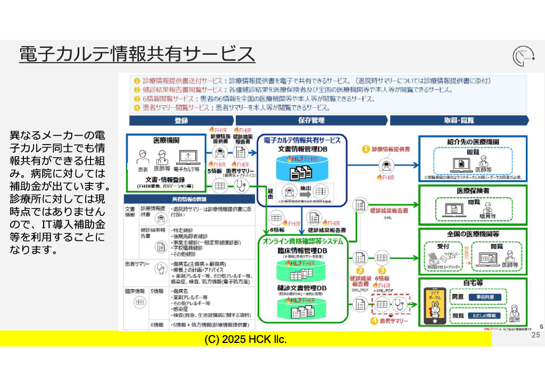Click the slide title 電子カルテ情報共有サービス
click(137, 54)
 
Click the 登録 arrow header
click(180, 121)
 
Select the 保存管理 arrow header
click(311, 121)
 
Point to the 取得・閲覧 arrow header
click(458, 121)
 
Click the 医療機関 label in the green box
click(166, 140)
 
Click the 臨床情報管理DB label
click(302, 251)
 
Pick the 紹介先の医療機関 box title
click(473, 142)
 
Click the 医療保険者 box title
click(473, 190)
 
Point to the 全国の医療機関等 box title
click(473, 234)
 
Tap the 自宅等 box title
click(473, 284)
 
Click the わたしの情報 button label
click(484, 315)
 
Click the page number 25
click(535, 335)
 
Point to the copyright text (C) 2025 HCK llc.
click(245, 339)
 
